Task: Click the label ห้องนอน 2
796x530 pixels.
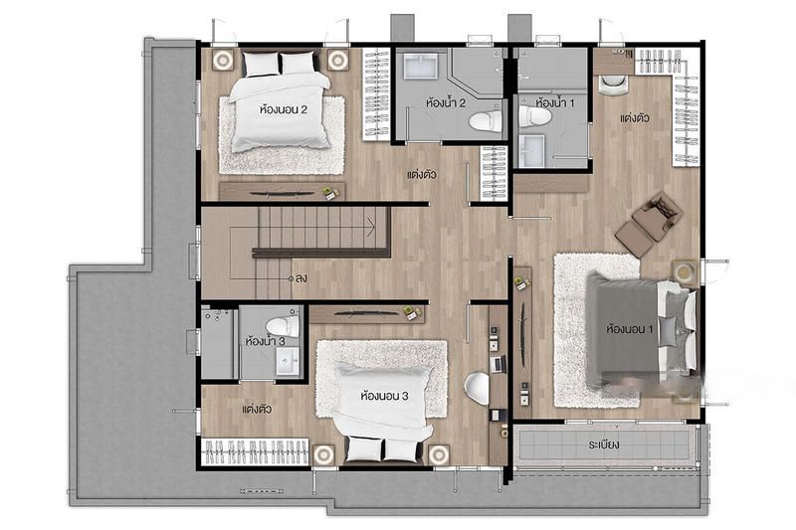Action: click(284, 109)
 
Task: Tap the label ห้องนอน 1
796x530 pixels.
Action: click(630, 329)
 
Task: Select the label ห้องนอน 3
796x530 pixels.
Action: click(384, 396)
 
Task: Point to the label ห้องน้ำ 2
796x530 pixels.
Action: click(446, 103)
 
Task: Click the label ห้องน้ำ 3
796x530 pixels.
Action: click(265, 341)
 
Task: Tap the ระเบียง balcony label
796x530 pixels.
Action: click(604, 444)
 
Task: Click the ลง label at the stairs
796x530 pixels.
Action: click(301, 278)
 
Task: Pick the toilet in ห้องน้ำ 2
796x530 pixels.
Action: click(486, 121)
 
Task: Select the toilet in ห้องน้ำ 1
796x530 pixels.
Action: click(534, 115)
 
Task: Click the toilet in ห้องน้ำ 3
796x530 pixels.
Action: click(283, 325)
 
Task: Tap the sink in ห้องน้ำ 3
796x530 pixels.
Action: click(288, 362)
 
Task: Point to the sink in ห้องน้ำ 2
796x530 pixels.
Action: click(420, 67)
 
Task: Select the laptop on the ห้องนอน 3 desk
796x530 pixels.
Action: click(498, 364)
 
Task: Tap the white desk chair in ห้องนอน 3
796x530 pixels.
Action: click(478, 388)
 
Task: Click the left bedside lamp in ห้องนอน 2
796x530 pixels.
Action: click(222, 61)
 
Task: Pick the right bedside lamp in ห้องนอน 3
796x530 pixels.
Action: click(438, 455)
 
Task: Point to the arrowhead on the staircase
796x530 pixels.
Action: click(372, 223)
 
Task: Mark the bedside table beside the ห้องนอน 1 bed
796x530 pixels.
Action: click(685, 272)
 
